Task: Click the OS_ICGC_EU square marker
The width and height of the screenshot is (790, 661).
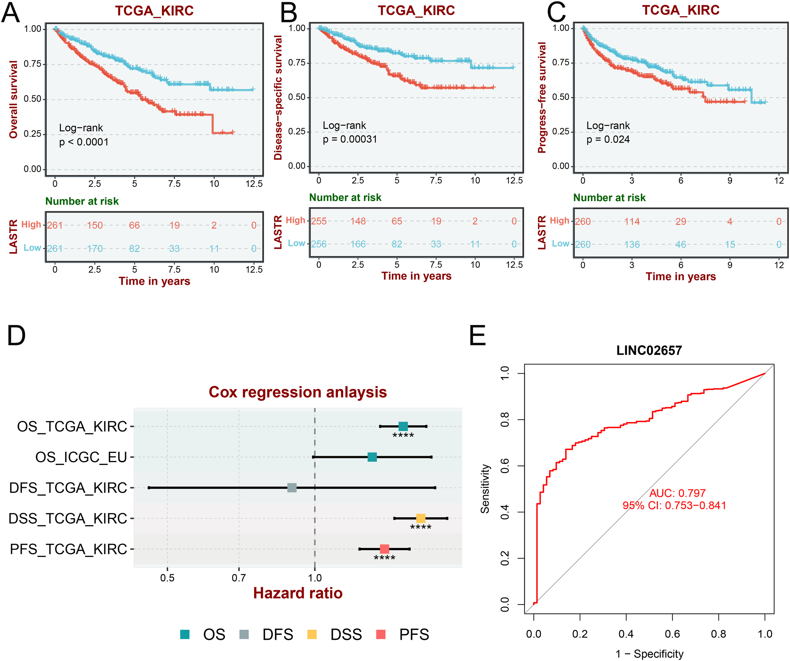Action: [x=372, y=457]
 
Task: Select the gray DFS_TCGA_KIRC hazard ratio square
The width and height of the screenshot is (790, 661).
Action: [x=292, y=488]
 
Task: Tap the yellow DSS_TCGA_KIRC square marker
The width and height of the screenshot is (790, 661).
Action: [x=421, y=518]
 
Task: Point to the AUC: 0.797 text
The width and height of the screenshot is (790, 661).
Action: [x=678, y=493]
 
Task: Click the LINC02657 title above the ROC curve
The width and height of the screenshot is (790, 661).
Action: [x=649, y=351]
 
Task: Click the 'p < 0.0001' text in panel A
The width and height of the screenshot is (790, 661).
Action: [x=84, y=142]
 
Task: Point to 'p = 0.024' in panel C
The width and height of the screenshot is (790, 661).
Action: [x=608, y=140]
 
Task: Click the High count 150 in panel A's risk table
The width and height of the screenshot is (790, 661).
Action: [x=95, y=225]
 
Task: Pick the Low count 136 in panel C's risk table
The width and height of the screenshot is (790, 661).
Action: [x=632, y=244]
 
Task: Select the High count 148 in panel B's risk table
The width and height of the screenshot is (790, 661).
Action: [x=358, y=221]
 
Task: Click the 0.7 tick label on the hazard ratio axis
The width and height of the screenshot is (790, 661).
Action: [x=239, y=578]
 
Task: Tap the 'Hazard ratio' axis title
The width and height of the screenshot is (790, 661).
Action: [x=298, y=593]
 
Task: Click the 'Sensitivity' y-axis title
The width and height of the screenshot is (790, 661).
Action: [x=485, y=489]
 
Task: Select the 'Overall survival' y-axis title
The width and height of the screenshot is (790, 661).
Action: [x=14, y=99]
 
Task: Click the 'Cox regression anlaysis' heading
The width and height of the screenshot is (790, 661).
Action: [x=298, y=392]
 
